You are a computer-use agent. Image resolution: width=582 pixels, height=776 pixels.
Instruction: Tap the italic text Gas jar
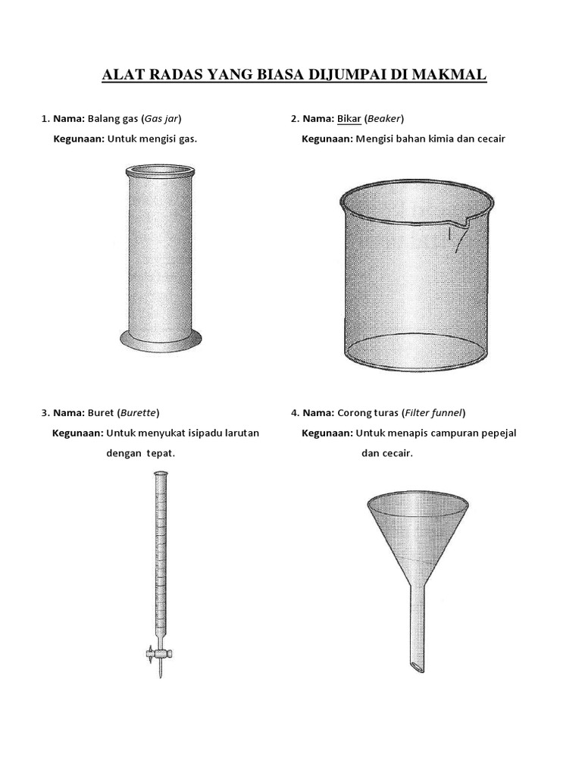pos(161,119)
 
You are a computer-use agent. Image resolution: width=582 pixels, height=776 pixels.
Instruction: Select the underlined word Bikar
pos(349,119)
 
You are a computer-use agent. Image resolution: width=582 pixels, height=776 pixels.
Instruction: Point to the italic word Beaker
pos(384,119)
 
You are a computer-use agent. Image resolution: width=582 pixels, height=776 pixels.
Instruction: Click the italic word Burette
pos(139,413)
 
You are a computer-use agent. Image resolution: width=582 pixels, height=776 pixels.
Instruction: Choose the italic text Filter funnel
pos(433,413)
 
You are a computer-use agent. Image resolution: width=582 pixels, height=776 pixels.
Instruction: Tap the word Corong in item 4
pos(352,413)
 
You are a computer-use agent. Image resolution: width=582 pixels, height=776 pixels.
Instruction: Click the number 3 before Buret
pos(45,413)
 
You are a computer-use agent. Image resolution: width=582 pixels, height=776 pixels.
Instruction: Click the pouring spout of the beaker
pos(458,227)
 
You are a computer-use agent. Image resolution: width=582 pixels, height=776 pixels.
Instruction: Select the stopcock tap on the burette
pos(159,654)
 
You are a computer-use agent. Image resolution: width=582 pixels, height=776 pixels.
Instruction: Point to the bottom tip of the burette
pos(159,677)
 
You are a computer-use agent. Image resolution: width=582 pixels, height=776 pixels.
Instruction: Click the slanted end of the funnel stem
pos(418,668)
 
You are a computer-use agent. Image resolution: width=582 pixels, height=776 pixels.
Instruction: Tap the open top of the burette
pos(159,474)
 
